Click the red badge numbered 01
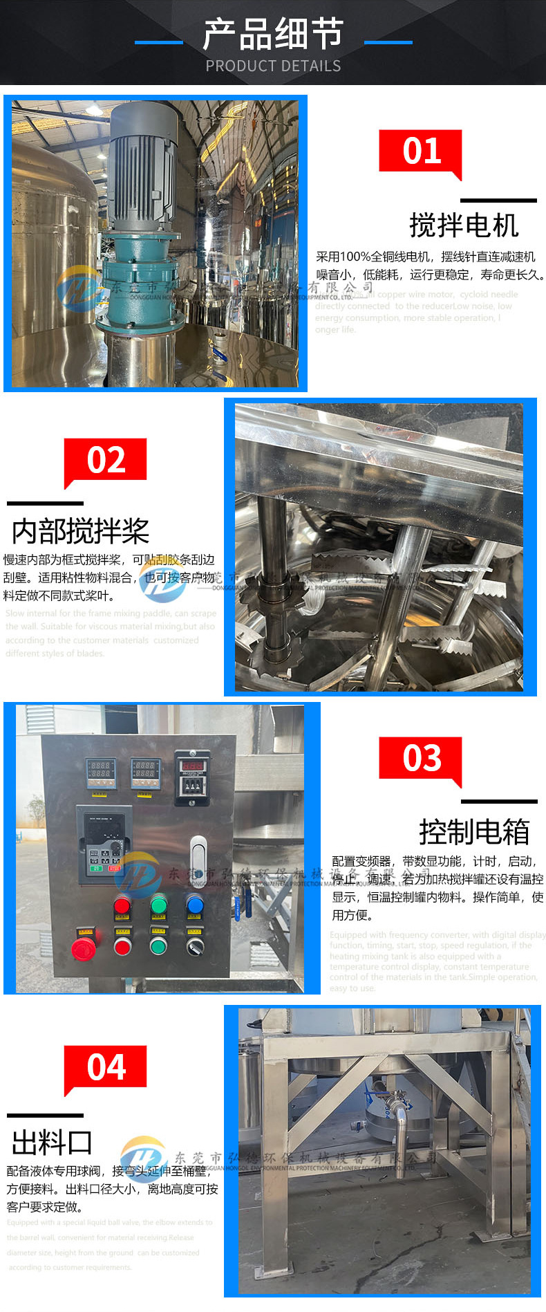point(420,151)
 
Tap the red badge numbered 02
point(106,460)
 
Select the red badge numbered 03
point(420,758)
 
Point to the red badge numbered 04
point(106,1067)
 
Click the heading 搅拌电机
point(463,225)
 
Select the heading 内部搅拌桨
point(80,531)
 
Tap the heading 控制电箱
point(474,832)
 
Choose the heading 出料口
point(52,1143)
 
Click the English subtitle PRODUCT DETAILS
point(273,66)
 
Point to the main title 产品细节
point(273,35)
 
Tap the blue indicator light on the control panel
point(195,905)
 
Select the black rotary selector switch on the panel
point(195,945)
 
